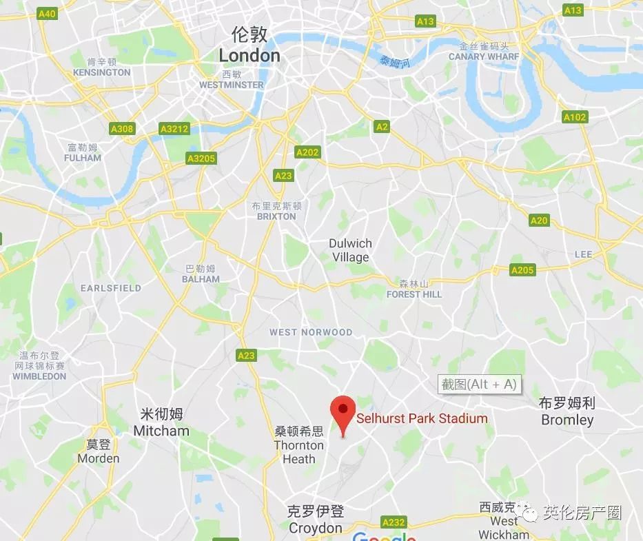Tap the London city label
coord(249,55)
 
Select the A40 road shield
coord(47,14)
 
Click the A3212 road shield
coord(173,129)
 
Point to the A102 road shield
coord(575,117)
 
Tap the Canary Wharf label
coord(484,57)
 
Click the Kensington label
coord(101,72)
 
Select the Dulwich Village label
coord(350,251)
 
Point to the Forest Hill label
coord(414,294)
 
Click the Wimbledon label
coord(39,376)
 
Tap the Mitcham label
coord(161,431)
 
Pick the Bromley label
coord(567,420)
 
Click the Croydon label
coord(315,528)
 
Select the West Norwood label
coord(311,332)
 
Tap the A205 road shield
coord(522,270)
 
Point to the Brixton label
coord(276,216)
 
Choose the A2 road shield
coord(381,127)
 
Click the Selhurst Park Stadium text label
coord(422,418)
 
